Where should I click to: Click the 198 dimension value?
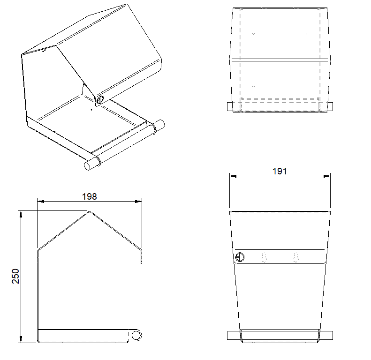point(90,196)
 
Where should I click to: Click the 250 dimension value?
point(15,276)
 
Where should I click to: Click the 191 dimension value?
point(280,171)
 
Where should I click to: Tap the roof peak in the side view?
point(90,211)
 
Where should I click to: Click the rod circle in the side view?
point(136,336)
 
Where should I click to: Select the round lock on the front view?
point(240,257)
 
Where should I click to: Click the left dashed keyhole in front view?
point(264,258)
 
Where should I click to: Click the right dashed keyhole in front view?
point(296,258)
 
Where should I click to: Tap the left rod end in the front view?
point(234,336)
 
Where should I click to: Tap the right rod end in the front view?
point(326,336)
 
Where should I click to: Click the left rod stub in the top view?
point(230,107)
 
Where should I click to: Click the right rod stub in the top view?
point(330,107)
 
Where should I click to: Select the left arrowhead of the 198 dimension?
point(41,202)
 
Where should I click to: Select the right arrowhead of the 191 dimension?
point(327,176)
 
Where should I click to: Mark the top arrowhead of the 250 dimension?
point(21,214)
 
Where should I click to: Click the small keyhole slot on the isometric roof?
point(43,50)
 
